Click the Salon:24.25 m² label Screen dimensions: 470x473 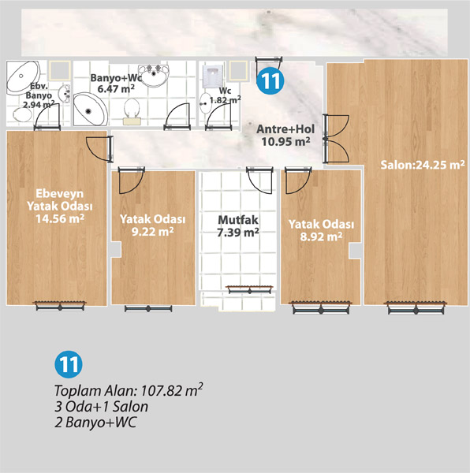tap(423, 165)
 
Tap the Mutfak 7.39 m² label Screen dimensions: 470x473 tap(238, 226)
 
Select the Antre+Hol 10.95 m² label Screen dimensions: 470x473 tap(285, 135)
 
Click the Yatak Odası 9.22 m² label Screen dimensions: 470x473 tap(152, 225)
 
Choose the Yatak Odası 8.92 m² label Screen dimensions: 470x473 tap(321, 230)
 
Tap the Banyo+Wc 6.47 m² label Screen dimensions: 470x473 tap(116, 83)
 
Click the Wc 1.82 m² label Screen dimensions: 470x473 tap(225, 95)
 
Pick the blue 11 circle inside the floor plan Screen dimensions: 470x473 tap(270, 80)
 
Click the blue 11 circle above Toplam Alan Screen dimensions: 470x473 tap(69, 364)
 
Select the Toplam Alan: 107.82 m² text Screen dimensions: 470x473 tap(129, 390)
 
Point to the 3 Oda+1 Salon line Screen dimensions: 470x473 tap(102, 406)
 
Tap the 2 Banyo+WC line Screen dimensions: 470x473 tap(95, 422)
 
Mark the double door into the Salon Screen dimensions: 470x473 tap(335, 139)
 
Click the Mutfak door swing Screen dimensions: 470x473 tap(259, 180)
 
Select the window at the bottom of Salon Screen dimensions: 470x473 tap(416, 307)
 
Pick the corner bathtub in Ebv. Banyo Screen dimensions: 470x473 tap(23, 76)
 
